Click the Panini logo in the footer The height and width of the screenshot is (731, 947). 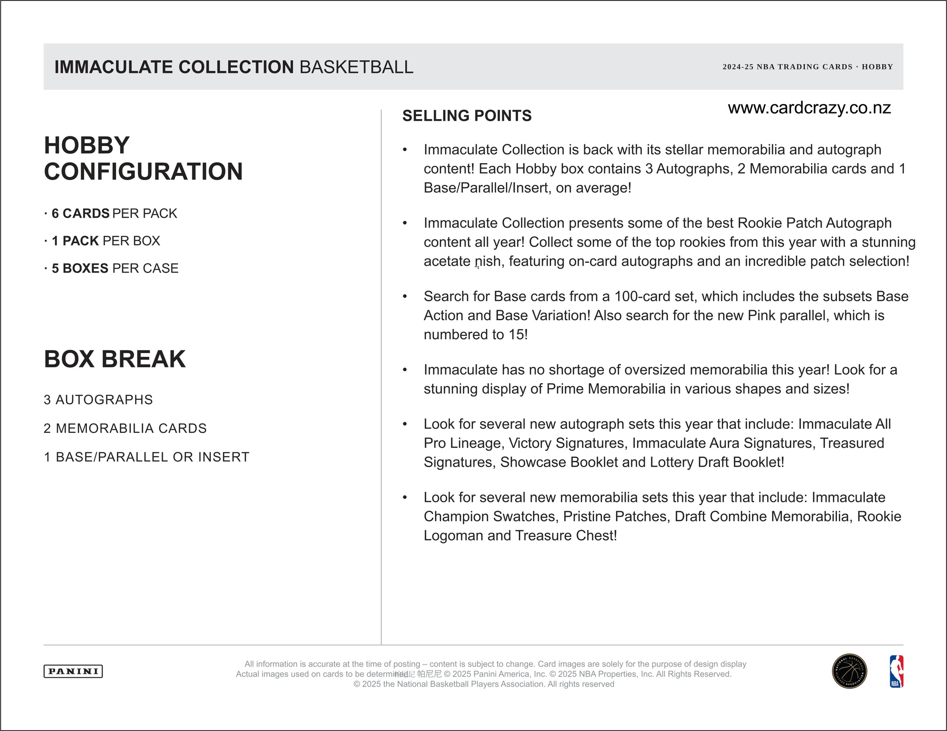tap(73, 671)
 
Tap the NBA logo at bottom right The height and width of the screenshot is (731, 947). tap(896, 671)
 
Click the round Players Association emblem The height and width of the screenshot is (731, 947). tap(849, 671)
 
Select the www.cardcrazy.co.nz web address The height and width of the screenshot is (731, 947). tap(809, 108)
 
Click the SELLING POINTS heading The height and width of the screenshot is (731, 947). tap(467, 116)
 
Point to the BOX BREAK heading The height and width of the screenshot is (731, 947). tap(115, 359)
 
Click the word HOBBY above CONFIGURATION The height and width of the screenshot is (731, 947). tap(87, 146)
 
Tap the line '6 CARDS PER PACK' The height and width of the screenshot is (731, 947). tap(111, 213)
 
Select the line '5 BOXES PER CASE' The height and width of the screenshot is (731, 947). tap(111, 268)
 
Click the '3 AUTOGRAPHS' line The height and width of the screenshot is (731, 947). tap(98, 400)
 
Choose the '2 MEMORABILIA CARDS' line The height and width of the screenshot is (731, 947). tap(125, 428)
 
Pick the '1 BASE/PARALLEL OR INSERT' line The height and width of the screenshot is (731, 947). tap(146, 457)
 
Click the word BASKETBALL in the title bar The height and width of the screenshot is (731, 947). tap(356, 67)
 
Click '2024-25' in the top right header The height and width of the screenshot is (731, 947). tap(738, 67)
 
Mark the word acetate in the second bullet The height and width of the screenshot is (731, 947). tap(447, 262)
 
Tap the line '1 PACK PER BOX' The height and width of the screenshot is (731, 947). tap(103, 241)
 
